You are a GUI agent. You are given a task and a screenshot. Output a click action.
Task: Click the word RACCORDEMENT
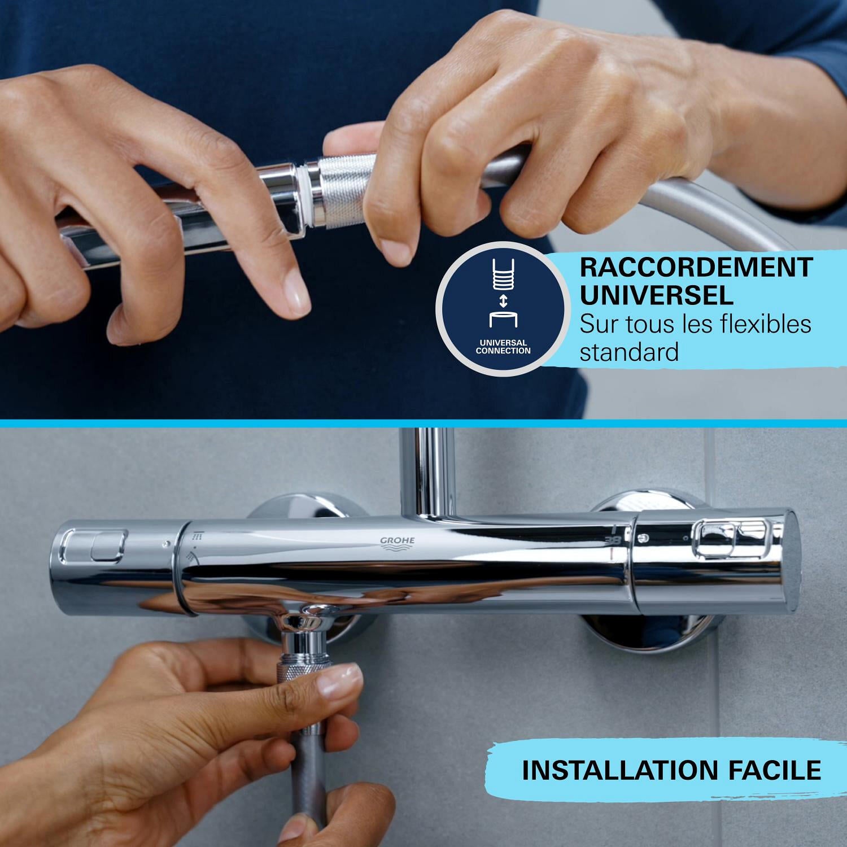[x=696, y=267]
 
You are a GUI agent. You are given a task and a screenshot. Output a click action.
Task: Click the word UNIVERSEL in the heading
[x=657, y=295]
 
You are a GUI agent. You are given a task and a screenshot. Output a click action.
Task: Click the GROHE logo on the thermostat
[x=397, y=543]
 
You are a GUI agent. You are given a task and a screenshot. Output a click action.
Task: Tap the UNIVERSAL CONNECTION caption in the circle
[x=503, y=347]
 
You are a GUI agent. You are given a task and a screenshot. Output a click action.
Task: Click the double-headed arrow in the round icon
[x=504, y=300]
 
